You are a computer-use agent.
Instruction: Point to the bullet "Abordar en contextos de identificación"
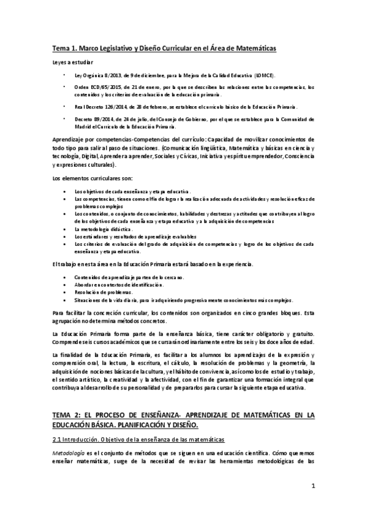pos(118,285)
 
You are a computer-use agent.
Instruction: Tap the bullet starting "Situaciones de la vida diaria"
pos(184,300)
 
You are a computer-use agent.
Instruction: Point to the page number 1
pos(313,487)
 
